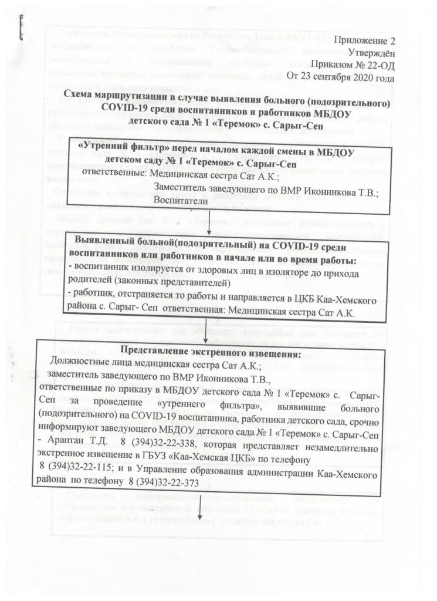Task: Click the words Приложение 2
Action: [x=363, y=42]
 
